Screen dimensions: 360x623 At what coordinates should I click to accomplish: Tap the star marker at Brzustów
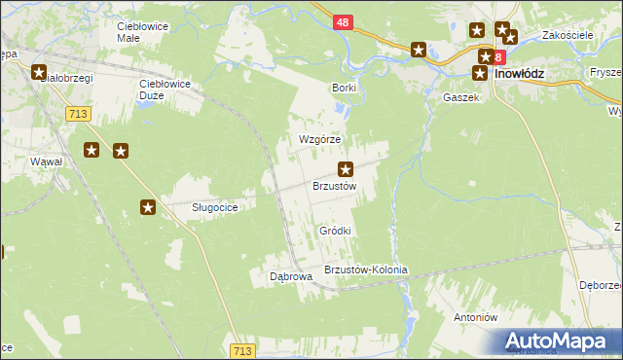[x=345, y=168]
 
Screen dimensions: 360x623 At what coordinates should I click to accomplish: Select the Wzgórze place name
[x=319, y=139]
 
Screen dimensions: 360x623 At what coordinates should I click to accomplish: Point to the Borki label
[x=345, y=88]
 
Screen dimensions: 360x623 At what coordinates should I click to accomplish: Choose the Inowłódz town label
[x=525, y=72]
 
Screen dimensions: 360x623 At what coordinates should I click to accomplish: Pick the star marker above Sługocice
[x=148, y=206]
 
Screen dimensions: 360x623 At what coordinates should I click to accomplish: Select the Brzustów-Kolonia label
[x=365, y=270]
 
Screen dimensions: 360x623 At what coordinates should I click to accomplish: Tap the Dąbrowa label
[x=290, y=276]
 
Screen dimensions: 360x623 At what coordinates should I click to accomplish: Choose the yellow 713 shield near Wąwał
[x=80, y=114]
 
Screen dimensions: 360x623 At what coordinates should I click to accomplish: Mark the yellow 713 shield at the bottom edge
[x=244, y=349]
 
